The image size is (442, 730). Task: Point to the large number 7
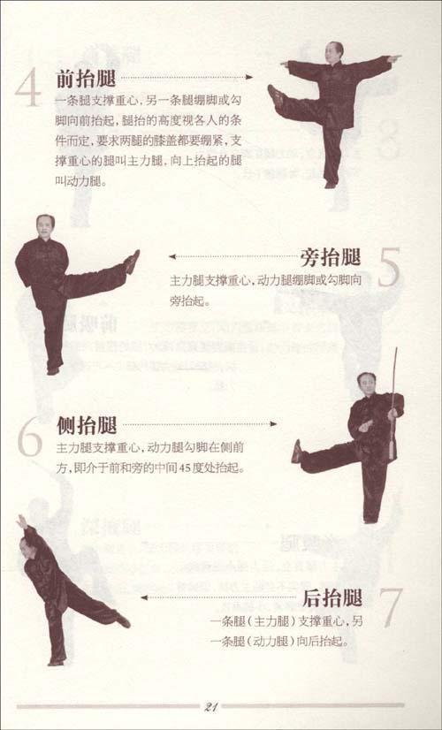pyautogui.click(x=389, y=607)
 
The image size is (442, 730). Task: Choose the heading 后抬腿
pyautogui.click(x=332, y=597)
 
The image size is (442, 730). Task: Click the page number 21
pyautogui.click(x=211, y=704)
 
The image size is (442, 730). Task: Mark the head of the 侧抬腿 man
pyautogui.click(x=363, y=383)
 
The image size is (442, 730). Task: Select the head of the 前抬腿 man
pyautogui.click(x=336, y=50)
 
